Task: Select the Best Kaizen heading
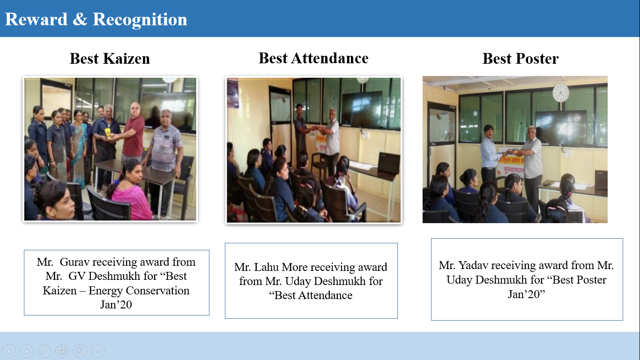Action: click(x=110, y=59)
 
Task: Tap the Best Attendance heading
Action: click(x=313, y=58)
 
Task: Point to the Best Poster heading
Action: click(x=521, y=59)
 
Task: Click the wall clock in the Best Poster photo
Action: click(x=560, y=93)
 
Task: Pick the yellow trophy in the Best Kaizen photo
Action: click(x=108, y=134)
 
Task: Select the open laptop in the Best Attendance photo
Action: click(x=389, y=163)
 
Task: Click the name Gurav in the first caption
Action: click(x=74, y=262)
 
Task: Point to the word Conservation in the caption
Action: click(x=157, y=291)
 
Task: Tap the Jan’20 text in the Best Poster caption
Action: click(x=526, y=294)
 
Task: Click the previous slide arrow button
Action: click(x=9, y=351)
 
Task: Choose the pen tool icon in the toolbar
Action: click(x=45, y=351)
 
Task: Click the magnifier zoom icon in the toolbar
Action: click(x=80, y=351)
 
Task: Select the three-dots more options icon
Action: click(x=98, y=351)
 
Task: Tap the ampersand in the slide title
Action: click(x=80, y=20)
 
